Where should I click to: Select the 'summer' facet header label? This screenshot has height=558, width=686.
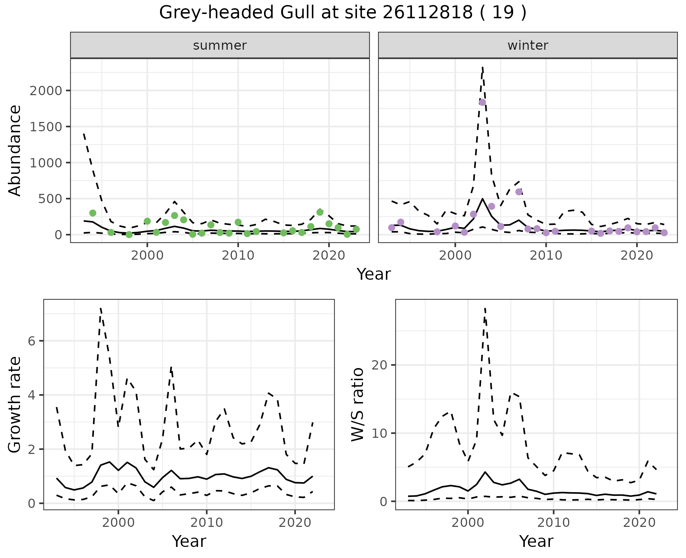[x=220, y=45]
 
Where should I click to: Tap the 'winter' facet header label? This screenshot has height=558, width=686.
[x=528, y=45]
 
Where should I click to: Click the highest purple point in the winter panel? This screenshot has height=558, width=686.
[x=482, y=102]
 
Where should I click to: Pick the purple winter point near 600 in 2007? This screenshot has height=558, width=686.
[x=519, y=192]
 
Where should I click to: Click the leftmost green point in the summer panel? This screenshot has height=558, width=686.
[x=93, y=213]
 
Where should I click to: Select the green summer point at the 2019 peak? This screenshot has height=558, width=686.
[x=320, y=212]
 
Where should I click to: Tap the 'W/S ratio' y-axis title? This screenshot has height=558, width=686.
[x=358, y=405]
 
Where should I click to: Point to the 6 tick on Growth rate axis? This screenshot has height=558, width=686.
[x=31, y=341]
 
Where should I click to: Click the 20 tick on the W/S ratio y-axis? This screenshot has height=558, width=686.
[x=380, y=365]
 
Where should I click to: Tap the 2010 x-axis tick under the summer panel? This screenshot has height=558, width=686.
[x=238, y=255]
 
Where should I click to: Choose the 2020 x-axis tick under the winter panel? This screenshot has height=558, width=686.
[x=636, y=255]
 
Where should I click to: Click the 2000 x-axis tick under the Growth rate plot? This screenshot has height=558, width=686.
[x=118, y=523]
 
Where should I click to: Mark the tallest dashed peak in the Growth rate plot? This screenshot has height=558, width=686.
[x=101, y=308]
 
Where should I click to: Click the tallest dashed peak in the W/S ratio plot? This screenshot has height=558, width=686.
[x=485, y=308]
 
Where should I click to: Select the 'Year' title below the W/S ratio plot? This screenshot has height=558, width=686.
[x=536, y=541]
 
